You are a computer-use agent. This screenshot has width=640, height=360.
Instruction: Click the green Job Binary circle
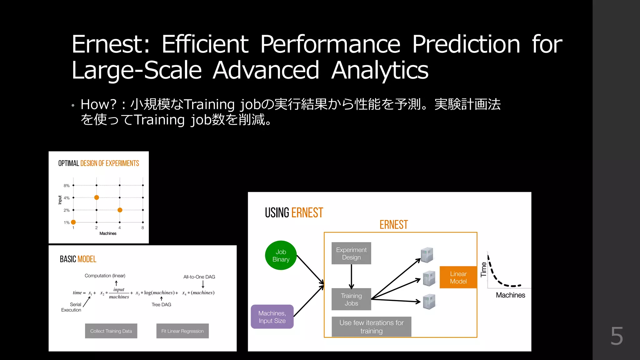coord(281,255)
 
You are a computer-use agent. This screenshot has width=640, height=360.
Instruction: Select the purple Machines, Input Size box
coord(272,317)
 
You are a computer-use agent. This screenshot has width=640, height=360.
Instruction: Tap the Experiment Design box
coord(351,253)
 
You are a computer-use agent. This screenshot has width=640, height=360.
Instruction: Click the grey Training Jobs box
coord(351,299)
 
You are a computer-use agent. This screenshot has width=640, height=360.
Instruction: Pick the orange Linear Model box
coord(458,277)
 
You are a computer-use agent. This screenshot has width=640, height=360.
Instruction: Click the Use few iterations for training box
coord(371,327)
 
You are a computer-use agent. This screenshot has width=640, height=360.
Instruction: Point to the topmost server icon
coord(427,255)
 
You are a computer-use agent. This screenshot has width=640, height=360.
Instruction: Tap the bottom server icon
coord(429,302)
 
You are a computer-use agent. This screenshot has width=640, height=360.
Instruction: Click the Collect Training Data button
coord(111,331)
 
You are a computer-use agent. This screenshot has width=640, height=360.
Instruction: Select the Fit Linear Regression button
coord(182,331)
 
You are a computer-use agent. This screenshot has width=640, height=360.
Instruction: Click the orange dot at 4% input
coord(97,197)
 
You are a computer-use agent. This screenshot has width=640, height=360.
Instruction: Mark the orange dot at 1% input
coord(73,222)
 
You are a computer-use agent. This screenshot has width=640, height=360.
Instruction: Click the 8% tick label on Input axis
coord(67,186)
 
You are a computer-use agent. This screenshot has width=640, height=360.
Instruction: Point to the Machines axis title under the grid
coord(108,233)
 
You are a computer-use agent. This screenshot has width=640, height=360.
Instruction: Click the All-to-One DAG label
coord(199,277)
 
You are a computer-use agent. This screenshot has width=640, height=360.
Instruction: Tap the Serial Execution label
coord(72,307)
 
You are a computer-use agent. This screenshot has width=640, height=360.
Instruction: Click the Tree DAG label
coord(161,305)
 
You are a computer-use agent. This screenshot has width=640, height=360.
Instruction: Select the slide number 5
coord(617,336)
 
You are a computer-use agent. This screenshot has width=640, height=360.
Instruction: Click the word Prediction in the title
coord(466,44)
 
